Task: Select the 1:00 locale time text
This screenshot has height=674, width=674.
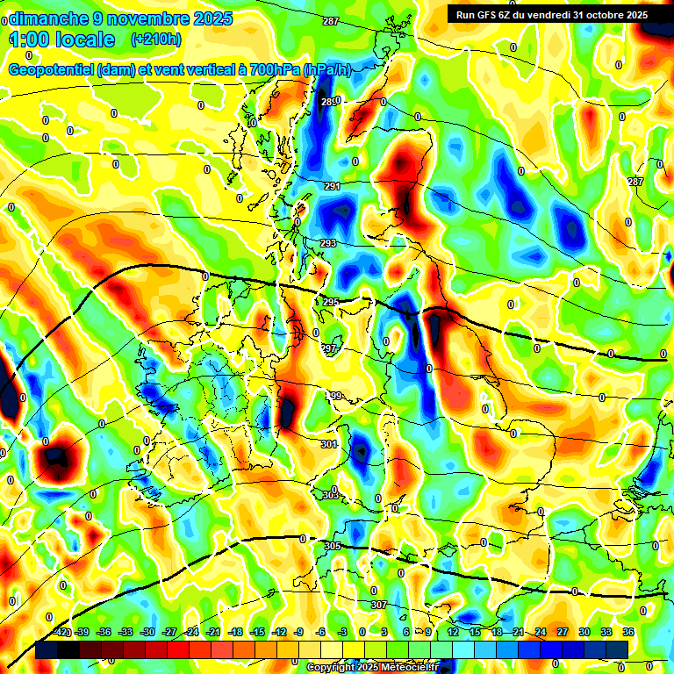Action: pyautogui.click(x=62, y=39)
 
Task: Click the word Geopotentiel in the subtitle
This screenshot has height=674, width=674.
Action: pyautogui.click(x=52, y=70)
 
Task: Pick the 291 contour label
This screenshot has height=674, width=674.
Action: pyautogui.click(x=332, y=186)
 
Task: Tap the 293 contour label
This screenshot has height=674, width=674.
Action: pyautogui.click(x=327, y=243)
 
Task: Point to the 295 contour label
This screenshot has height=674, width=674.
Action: pyautogui.click(x=330, y=302)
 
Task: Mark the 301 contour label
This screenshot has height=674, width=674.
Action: pyautogui.click(x=328, y=445)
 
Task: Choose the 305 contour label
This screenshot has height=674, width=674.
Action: pyautogui.click(x=332, y=546)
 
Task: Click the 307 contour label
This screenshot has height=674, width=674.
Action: pyautogui.click(x=378, y=605)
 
